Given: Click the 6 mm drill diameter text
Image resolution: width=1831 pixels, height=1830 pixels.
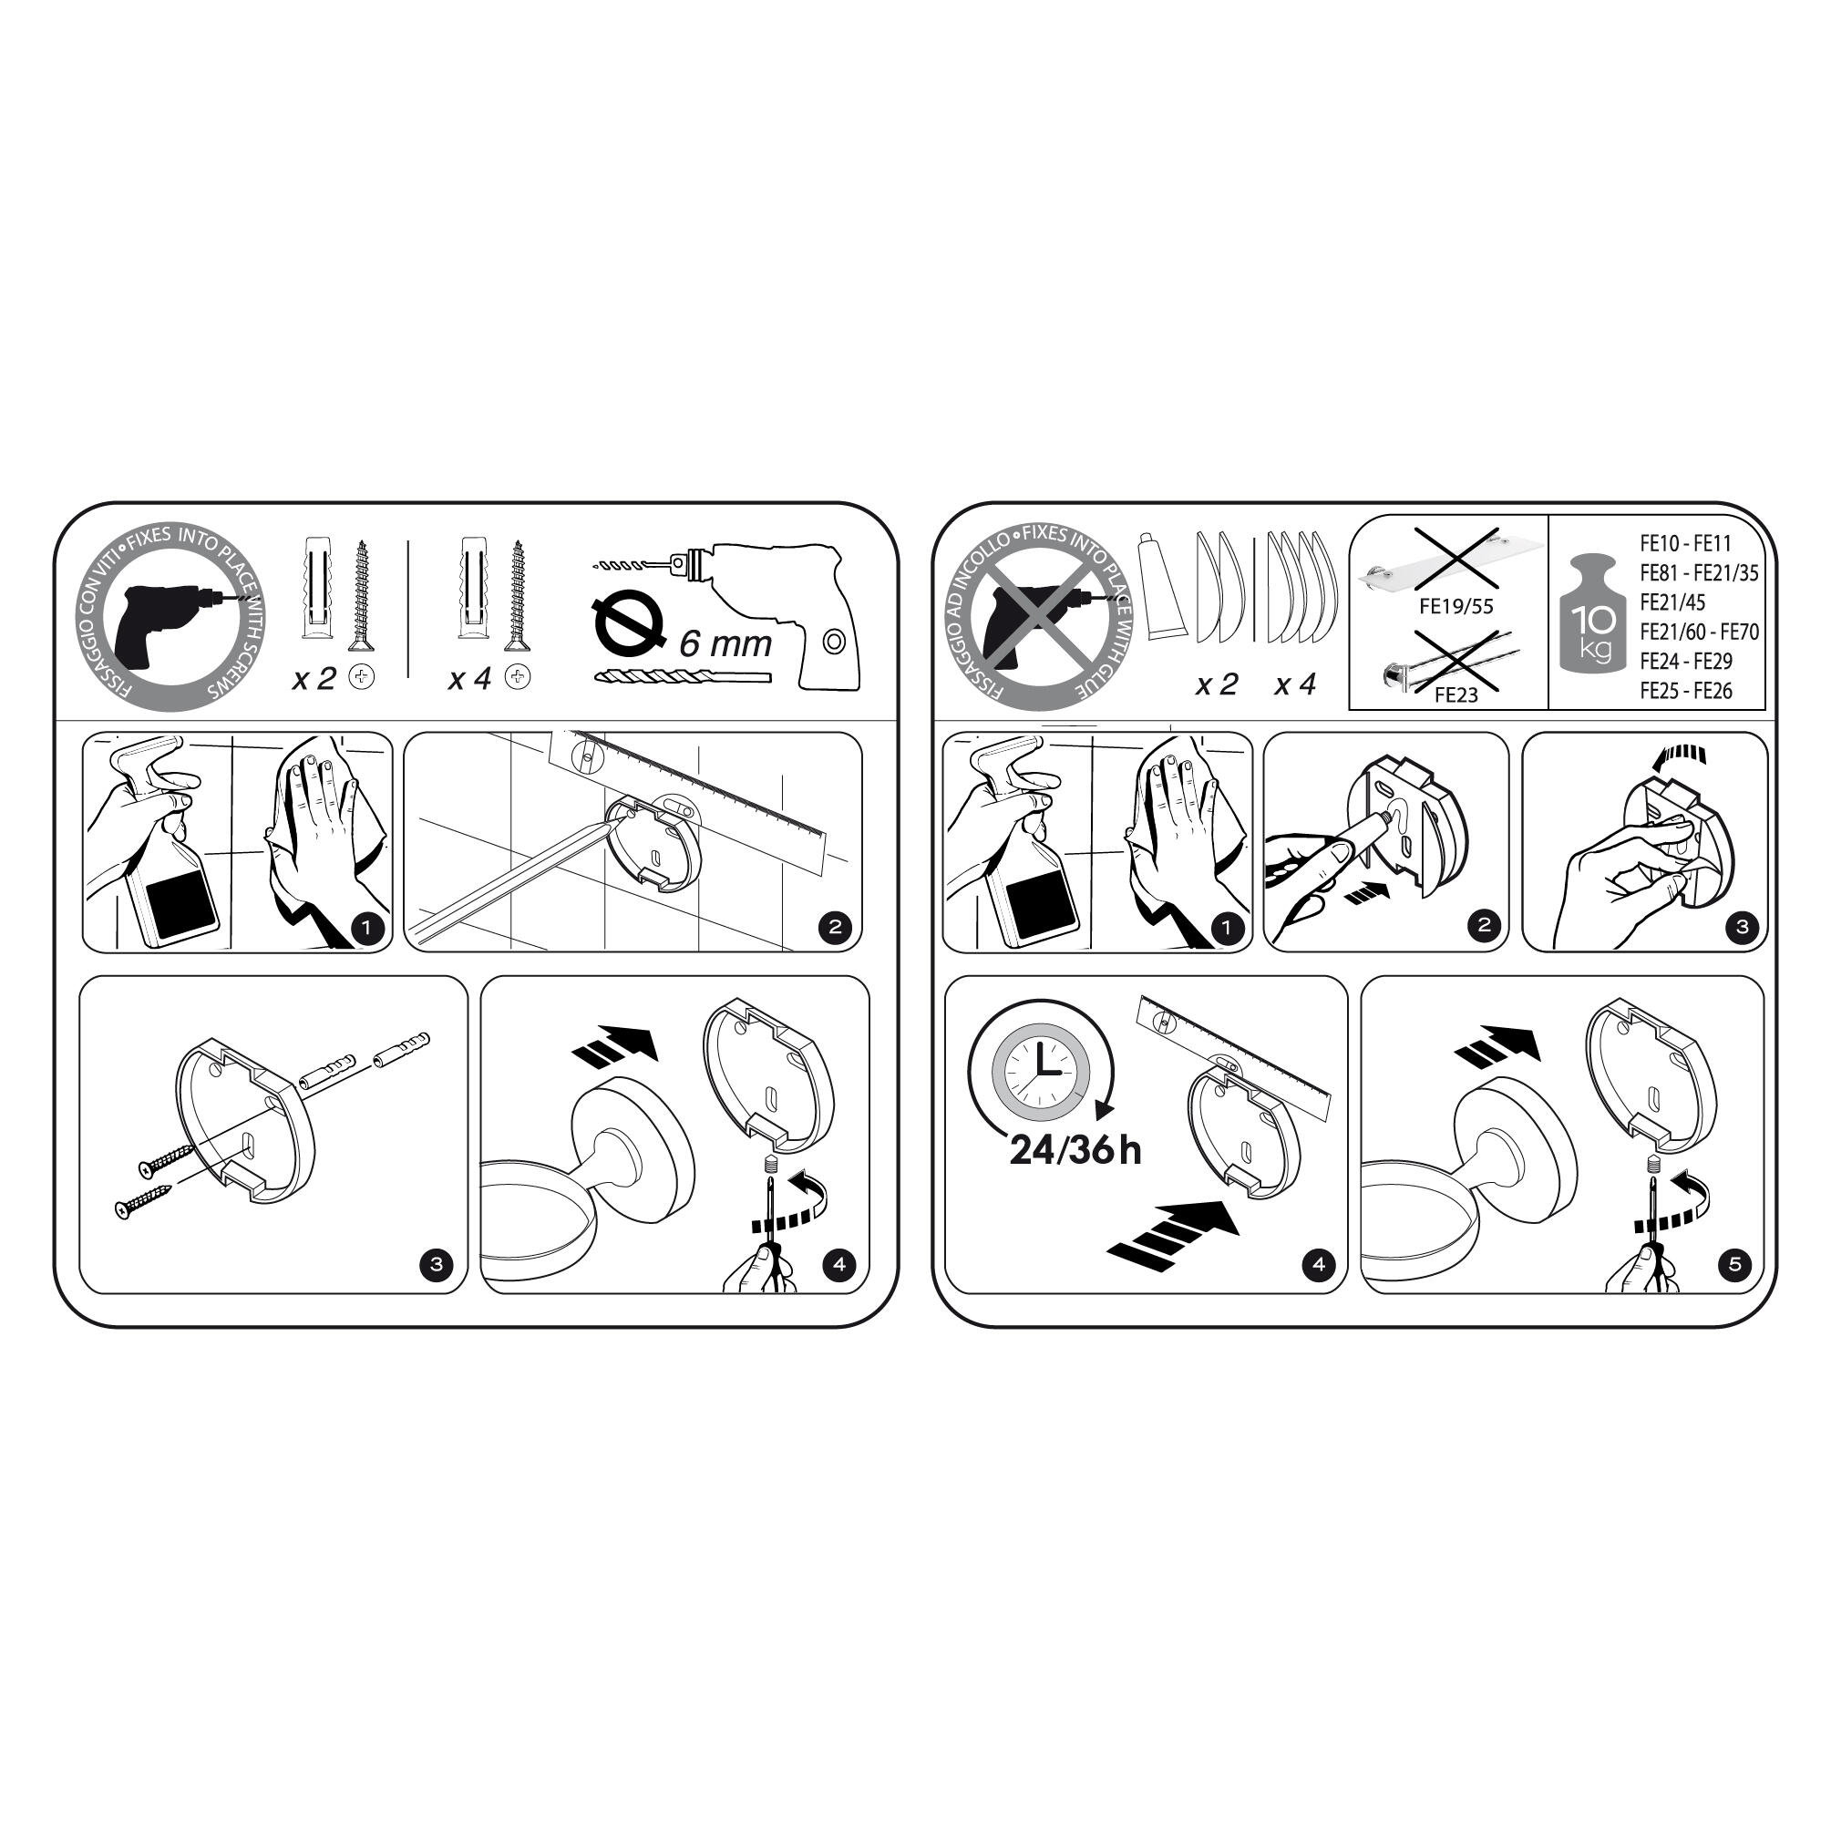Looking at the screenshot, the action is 725,644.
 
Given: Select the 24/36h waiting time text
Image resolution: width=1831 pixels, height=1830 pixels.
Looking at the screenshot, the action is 1075,1149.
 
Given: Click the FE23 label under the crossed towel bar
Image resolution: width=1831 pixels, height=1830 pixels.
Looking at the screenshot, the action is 1456,694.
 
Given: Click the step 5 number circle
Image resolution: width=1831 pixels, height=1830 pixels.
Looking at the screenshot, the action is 1735,1263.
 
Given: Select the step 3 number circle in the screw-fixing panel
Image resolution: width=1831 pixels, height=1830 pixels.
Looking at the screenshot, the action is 436,1263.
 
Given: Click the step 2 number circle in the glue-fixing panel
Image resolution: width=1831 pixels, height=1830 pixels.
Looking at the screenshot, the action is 1483,926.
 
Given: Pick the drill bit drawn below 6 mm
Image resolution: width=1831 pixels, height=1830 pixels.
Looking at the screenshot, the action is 683,676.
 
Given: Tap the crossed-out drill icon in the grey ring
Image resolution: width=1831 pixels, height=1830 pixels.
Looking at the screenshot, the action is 1038,618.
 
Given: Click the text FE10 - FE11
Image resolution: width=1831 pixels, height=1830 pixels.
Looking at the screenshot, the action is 1685,543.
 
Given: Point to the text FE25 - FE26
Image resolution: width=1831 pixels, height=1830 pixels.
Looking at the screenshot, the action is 1686,691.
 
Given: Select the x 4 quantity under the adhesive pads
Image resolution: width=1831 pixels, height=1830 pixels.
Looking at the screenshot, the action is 1295,684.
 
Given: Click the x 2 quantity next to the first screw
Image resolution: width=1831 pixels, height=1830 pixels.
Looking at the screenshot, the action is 314,679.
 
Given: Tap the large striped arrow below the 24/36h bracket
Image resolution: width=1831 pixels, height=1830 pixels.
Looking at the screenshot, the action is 1172,1232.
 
